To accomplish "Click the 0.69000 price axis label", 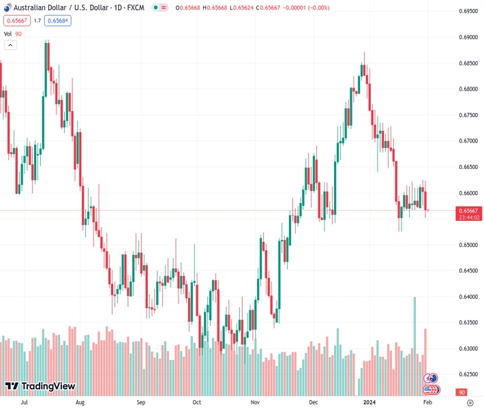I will pos(468,37).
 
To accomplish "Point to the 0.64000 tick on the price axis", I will pos(468,297).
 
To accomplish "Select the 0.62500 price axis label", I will pos(468,374).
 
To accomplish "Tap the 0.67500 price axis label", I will pos(468,115).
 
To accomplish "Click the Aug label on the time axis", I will pos(80,403).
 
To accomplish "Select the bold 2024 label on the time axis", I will pos(369,403).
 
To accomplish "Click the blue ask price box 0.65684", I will pos(58,20).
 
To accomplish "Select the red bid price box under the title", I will pos(16,20).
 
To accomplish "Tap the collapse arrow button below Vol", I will pos(10,45).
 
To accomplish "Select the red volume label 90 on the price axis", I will pos(462,393).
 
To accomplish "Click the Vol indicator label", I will pos(7,33).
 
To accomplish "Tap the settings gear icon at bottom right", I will pos(469,403).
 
